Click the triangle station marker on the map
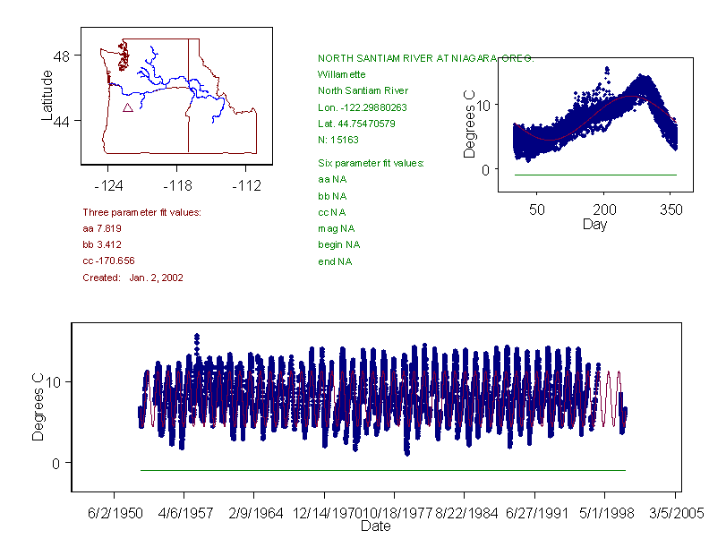(x=128, y=107)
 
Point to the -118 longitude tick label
(x=177, y=185)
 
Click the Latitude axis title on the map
(x=48, y=97)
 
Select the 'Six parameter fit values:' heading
(x=371, y=163)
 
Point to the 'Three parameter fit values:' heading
(x=141, y=212)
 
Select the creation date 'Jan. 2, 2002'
(x=157, y=278)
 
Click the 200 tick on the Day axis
(x=605, y=209)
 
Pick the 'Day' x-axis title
(x=594, y=224)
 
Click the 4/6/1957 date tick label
(x=184, y=514)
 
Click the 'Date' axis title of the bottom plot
(x=375, y=526)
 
